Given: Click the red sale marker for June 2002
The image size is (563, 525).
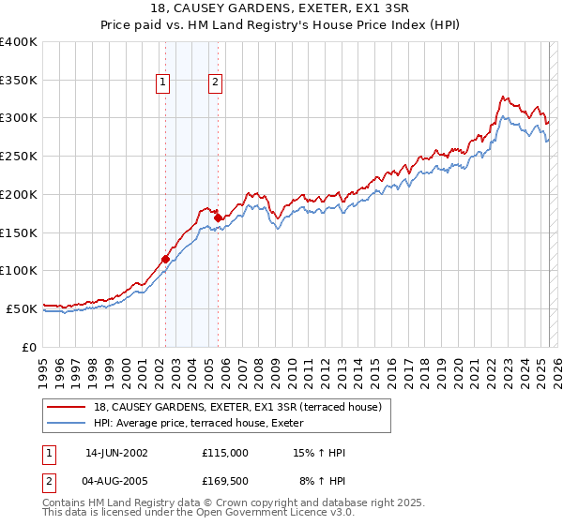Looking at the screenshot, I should (x=165, y=259).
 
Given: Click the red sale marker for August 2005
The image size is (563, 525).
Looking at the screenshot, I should (x=218, y=218).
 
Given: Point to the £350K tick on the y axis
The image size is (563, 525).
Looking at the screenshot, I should (x=19, y=81).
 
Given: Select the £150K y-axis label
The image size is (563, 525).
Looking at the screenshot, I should (x=19, y=232).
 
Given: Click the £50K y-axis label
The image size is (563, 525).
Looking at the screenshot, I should (x=23, y=308).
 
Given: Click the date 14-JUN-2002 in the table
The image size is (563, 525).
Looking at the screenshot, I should (x=116, y=453).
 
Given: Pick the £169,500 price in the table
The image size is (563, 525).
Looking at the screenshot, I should (x=225, y=482).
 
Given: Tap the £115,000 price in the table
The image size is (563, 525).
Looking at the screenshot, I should (x=225, y=453).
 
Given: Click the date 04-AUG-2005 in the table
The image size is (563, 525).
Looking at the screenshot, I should (x=116, y=482).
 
